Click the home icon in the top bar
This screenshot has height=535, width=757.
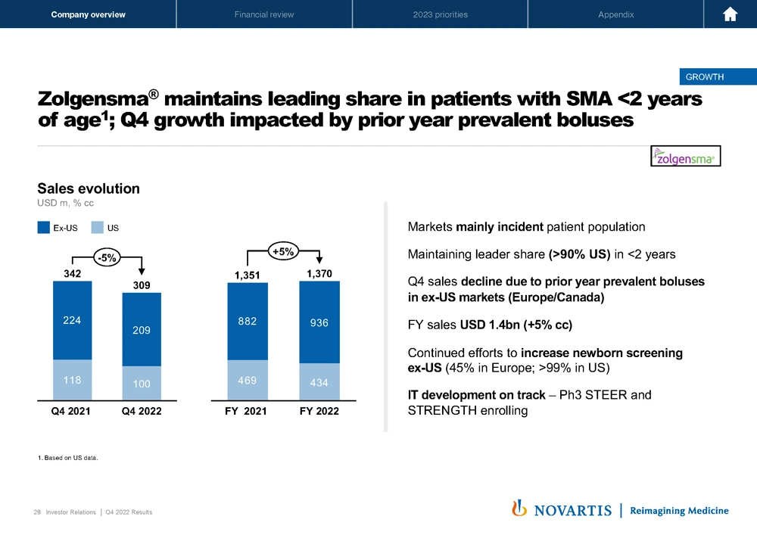coord(731,14)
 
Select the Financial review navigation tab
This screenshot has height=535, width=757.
coord(264,14)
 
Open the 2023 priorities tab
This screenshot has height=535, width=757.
coord(440,14)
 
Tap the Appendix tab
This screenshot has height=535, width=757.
coord(615,14)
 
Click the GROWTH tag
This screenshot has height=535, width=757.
coord(704,76)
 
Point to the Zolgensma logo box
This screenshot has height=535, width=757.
coord(686,156)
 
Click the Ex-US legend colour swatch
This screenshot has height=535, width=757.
coord(44,226)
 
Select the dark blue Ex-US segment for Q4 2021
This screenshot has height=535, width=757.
coord(72,320)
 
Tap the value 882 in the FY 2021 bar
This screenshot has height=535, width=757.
coord(247,320)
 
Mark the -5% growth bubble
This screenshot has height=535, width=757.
coord(106,257)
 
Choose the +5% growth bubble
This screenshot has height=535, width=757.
coord(283,251)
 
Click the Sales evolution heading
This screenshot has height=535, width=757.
coord(89,188)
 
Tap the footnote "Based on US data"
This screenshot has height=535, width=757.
coord(69,457)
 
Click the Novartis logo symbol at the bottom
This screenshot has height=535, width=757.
coord(519,509)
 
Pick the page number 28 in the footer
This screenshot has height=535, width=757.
coord(37,512)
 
